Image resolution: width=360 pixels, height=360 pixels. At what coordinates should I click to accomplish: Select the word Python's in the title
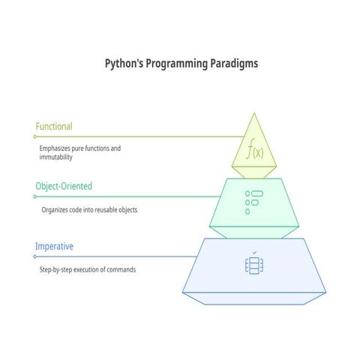124,64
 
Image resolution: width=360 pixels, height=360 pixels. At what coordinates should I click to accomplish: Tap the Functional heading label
54,127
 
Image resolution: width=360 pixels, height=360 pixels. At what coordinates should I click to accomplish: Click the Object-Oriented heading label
64,186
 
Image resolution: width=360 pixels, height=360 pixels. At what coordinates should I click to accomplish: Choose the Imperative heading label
55,246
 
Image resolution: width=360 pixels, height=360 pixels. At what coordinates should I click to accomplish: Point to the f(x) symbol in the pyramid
253,151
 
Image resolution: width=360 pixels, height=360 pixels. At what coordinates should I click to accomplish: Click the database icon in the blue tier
253,265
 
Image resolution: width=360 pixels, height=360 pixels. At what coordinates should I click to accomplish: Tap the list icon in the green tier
253,202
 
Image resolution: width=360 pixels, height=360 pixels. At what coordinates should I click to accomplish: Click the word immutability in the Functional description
56,157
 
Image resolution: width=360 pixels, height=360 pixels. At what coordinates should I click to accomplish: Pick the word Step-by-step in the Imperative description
58,269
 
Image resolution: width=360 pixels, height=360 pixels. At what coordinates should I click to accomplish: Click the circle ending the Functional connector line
34,136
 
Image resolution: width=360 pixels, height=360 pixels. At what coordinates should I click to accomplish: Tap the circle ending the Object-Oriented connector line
34,196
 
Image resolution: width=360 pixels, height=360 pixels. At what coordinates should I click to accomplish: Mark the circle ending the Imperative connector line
34,256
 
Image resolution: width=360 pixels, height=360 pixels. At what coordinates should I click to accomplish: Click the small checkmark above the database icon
254,252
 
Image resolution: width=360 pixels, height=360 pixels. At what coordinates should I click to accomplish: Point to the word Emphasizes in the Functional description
57,148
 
